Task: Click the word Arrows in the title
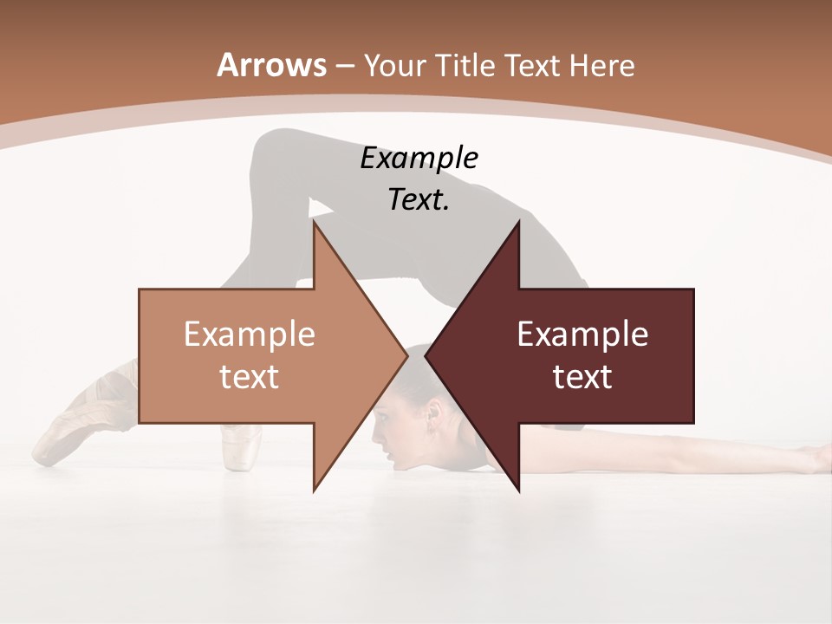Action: pos(272,65)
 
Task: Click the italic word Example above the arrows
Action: pos(419,159)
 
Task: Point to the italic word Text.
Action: pos(419,199)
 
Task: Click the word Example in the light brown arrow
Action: pos(250,335)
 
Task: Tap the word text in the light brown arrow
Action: pos(250,376)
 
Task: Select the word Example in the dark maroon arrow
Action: pos(582,335)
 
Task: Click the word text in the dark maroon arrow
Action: pos(582,376)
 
